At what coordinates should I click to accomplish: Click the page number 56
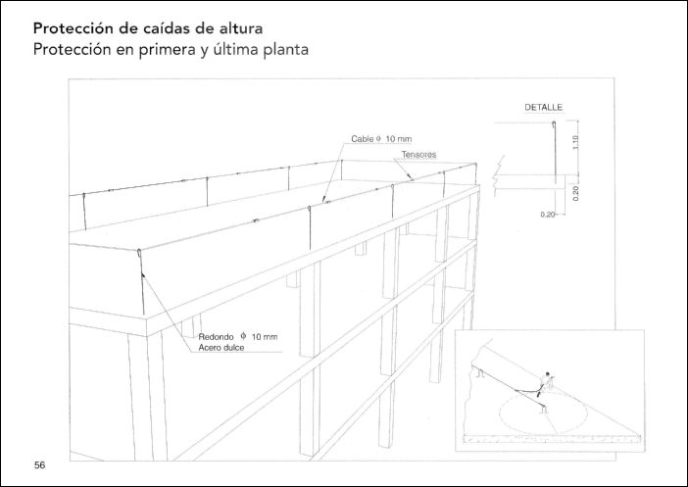point(39,465)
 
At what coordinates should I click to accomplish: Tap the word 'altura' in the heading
point(240,28)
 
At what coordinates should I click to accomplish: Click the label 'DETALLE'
point(544,108)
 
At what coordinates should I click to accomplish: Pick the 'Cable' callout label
point(362,139)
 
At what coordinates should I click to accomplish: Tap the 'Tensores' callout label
point(419,155)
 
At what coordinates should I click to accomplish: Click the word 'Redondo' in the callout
point(216,337)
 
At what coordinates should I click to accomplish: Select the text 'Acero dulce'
point(221,348)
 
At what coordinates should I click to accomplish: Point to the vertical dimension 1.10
point(576,142)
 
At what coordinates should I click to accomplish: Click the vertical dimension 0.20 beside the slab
point(576,193)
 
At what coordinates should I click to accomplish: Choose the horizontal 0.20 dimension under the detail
point(548,215)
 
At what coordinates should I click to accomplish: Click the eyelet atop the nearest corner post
point(139,253)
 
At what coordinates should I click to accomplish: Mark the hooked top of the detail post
point(554,123)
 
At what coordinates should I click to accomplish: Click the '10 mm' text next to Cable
point(399,139)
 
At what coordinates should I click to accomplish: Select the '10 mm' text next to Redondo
point(265,337)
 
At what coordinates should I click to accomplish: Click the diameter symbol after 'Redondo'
point(243,336)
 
